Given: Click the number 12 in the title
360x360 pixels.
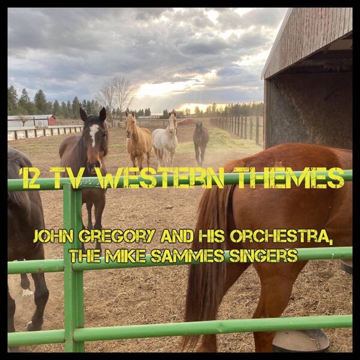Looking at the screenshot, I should (31, 178).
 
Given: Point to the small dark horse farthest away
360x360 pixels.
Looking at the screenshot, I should (201, 141).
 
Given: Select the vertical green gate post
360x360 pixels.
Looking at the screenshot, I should (73, 270).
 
